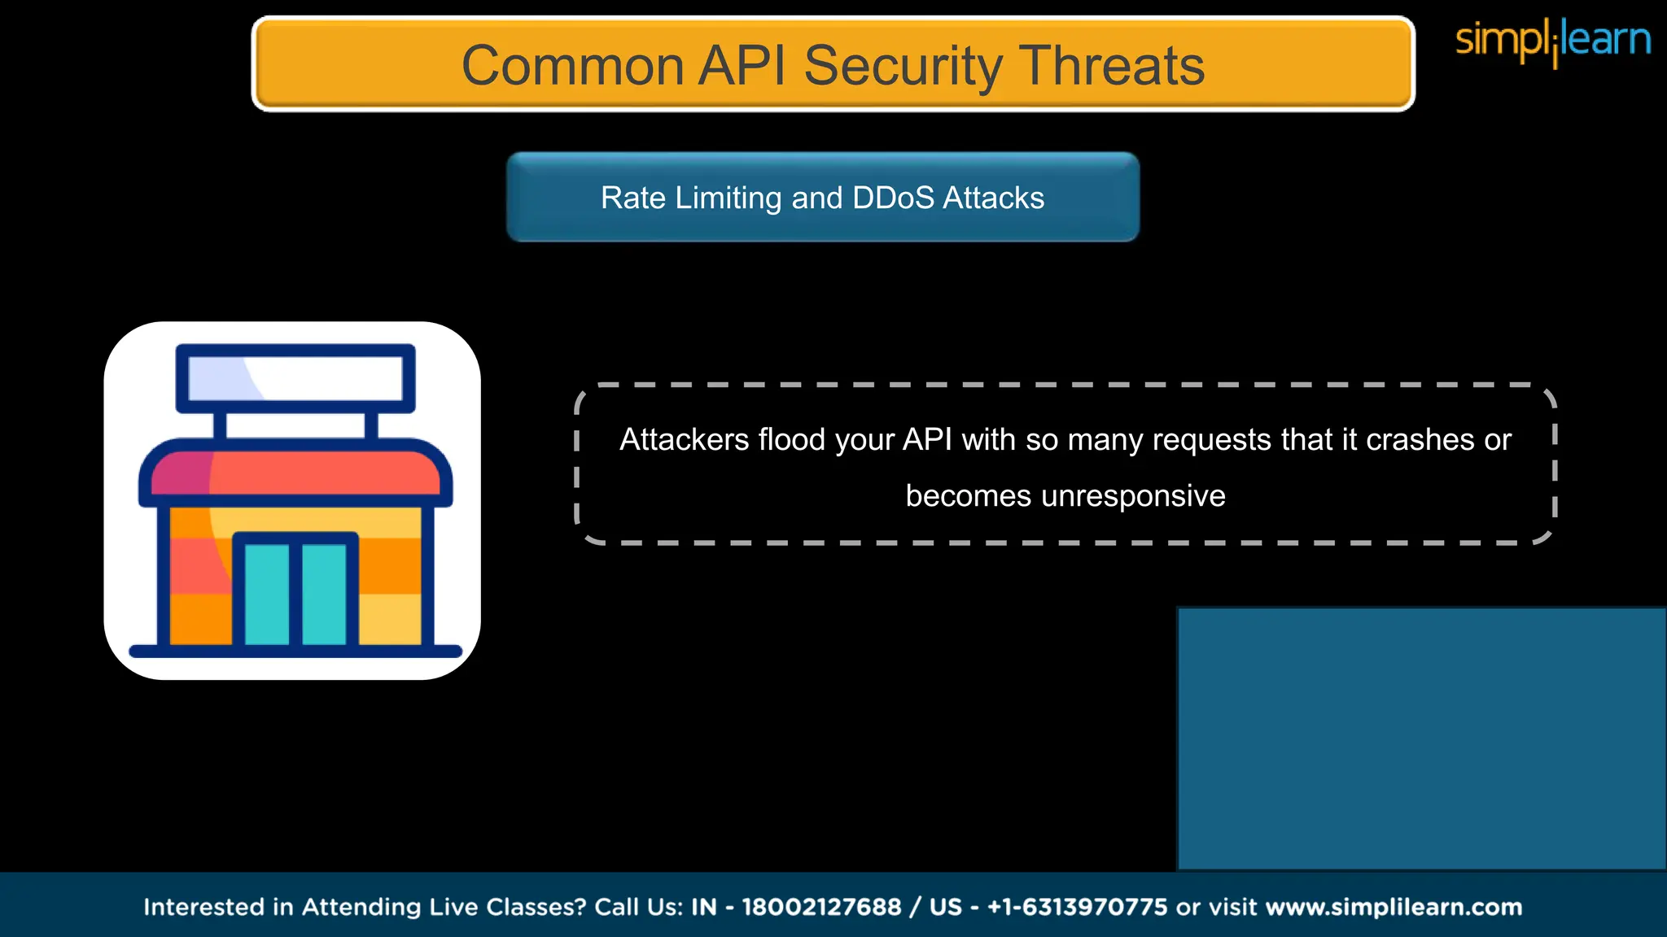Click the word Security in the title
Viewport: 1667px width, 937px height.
point(904,65)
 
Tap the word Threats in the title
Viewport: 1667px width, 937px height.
point(1112,65)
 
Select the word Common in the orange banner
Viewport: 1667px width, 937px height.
point(572,65)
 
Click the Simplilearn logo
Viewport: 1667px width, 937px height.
point(1552,41)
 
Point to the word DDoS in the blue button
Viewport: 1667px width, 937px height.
point(893,198)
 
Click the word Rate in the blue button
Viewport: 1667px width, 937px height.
point(632,198)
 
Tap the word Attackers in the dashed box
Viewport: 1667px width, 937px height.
point(684,439)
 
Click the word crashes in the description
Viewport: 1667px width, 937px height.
point(1420,439)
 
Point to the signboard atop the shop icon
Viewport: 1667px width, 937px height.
point(295,378)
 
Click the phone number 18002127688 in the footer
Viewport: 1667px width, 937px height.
point(821,907)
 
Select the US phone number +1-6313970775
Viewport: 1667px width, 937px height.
point(1077,907)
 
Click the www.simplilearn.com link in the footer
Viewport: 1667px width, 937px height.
point(1394,907)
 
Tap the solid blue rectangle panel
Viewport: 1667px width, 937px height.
point(1421,738)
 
